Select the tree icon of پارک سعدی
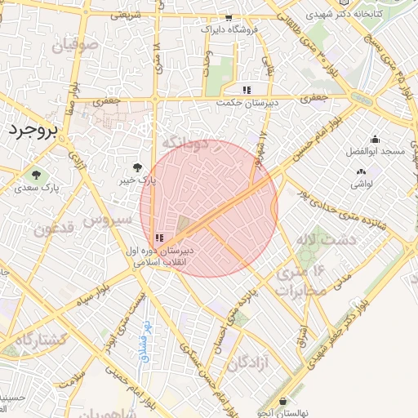point(34,174)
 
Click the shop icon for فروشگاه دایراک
point(229,17)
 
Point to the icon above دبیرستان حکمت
point(247,91)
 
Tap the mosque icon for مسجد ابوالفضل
point(374,140)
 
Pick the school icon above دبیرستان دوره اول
point(158,238)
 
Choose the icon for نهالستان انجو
point(282,402)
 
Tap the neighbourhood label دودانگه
point(186,143)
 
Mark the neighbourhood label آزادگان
point(248,362)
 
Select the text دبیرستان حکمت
point(248,104)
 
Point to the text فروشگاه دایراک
point(232,29)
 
